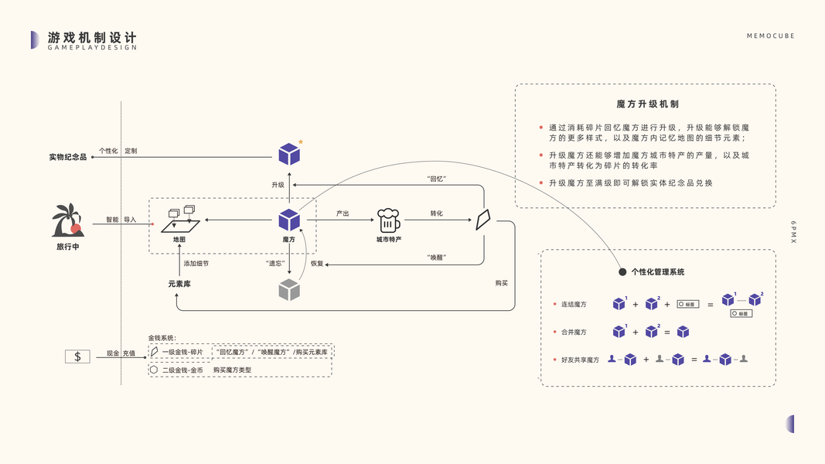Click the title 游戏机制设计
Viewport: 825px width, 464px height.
click(x=92, y=36)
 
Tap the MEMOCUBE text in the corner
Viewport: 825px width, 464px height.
click(x=770, y=36)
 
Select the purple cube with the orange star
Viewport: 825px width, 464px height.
click(x=289, y=154)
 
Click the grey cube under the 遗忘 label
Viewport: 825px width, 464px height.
click(x=289, y=290)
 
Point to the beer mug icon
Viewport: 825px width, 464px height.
click(x=387, y=220)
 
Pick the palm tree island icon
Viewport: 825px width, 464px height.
click(x=67, y=221)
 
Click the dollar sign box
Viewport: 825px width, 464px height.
click(x=77, y=357)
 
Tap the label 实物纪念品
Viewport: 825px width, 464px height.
click(x=68, y=157)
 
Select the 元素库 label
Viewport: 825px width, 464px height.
click(x=179, y=284)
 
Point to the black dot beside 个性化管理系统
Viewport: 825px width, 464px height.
click(x=622, y=272)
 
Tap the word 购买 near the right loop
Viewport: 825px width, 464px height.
click(x=502, y=283)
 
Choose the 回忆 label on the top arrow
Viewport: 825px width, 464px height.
click(x=437, y=179)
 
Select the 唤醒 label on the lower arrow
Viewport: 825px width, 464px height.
click(x=437, y=257)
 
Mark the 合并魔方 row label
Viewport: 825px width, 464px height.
click(x=574, y=332)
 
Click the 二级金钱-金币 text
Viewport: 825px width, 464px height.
click(x=182, y=370)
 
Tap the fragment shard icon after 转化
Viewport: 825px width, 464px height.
click(x=484, y=220)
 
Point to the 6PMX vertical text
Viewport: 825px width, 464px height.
click(x=793, y=232)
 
